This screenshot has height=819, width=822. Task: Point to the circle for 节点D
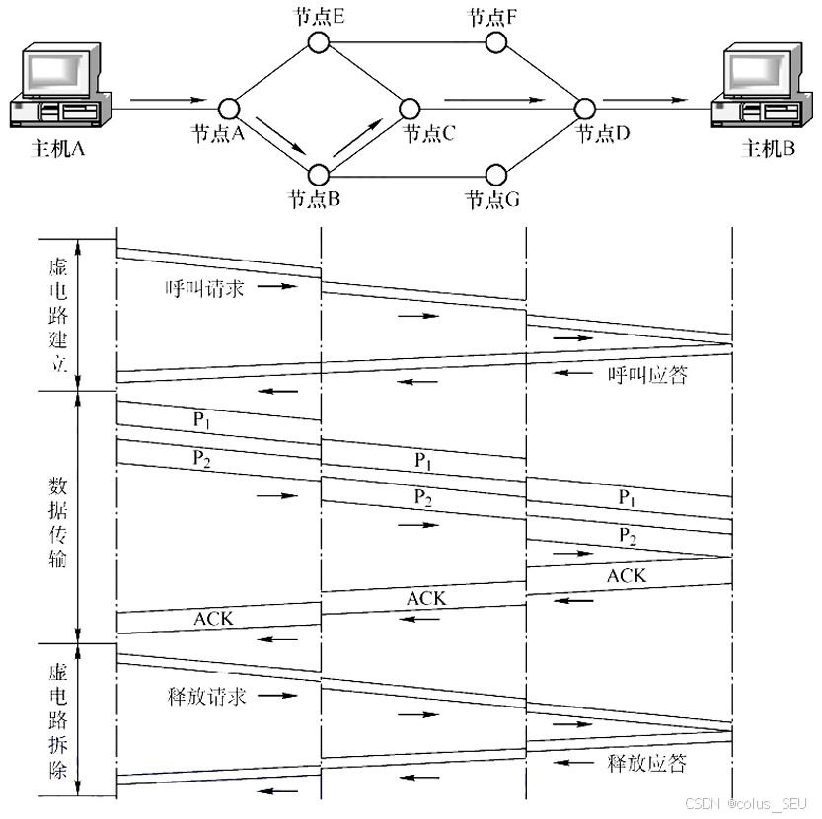coord(583,108)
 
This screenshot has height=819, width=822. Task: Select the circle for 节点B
coord(318,175)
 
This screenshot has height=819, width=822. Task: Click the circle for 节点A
coord(230,108)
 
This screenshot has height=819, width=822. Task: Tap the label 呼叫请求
coord(205,288)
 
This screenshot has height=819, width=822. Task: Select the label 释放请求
coord(205,696)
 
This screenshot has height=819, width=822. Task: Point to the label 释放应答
coord(646,763)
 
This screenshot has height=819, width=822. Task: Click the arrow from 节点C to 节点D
coord(493,100)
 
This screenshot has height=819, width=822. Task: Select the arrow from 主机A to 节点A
coord(168,100)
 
